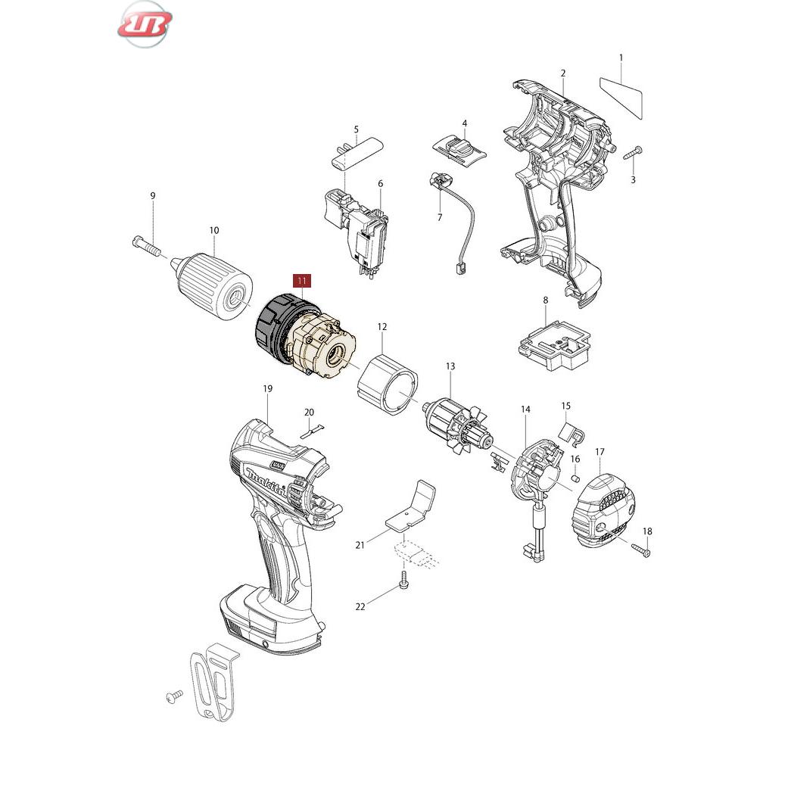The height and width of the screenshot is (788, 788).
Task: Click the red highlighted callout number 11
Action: coord(302,280)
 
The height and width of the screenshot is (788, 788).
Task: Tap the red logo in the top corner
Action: coord(145,24)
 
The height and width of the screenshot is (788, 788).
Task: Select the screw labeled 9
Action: coord(146,245)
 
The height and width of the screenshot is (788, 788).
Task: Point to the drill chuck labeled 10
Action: coord(212,285)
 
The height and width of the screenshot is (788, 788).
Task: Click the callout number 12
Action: coord(382,327)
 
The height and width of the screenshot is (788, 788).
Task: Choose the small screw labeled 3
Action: coord(633,153)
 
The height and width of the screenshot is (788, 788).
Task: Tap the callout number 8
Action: coord(546,300)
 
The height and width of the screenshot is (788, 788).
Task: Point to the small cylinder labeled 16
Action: coord(576,477)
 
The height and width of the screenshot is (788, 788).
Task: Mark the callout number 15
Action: coord(566,406)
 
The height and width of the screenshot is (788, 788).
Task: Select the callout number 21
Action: coord(360,545)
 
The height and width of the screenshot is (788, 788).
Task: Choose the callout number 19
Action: coord(268,388)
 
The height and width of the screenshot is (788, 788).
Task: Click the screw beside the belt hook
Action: coord(174,697)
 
